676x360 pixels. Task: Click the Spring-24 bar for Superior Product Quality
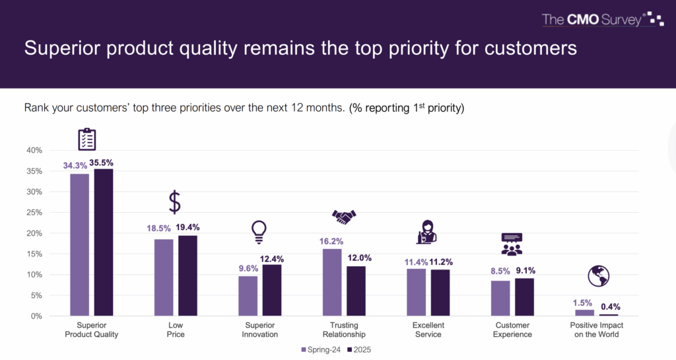80,244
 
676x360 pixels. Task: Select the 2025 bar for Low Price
188,275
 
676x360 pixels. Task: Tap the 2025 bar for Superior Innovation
272,290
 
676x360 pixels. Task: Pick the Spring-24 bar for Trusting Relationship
332,282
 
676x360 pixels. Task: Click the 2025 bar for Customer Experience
524,297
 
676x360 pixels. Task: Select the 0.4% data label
610,306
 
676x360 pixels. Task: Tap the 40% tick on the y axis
33,151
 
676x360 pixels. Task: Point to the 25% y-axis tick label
33,213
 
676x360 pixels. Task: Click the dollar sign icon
174,201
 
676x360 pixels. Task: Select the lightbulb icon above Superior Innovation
258,231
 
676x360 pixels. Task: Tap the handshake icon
344,217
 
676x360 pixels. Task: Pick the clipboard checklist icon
87,139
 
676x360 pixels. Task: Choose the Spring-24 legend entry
320,349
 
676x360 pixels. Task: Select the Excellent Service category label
428,330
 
